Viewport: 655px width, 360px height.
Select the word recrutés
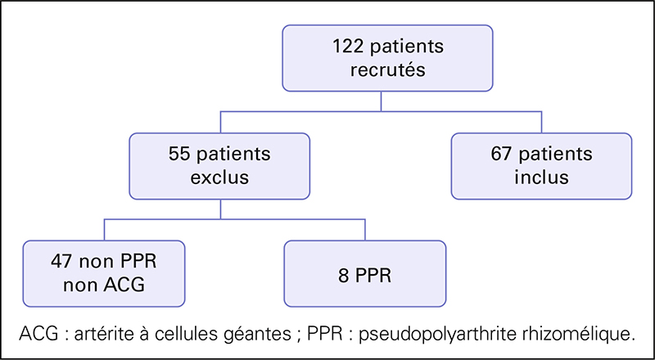[387, 70]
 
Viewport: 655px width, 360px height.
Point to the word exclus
[219, 178]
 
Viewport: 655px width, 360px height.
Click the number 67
[502, 155]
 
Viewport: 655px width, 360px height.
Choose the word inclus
[541, 178]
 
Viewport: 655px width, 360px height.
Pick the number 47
[61, 262]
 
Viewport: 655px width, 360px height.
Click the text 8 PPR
[364, 277]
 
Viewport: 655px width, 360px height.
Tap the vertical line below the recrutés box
[381, 101]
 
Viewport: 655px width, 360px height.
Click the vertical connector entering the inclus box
[541, 123]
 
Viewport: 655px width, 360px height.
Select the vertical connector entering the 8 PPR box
[365, 230]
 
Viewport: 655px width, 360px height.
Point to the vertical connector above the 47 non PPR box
[104, 230]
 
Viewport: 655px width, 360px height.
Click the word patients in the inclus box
[555, 155]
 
